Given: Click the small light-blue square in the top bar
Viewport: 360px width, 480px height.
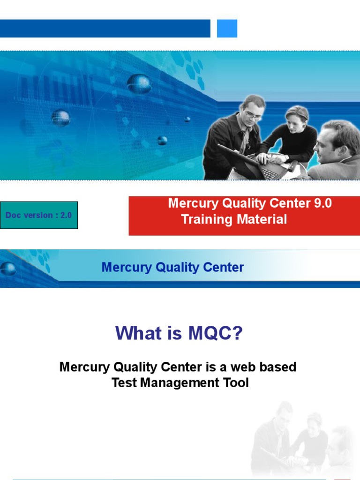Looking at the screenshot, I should coord(227,29).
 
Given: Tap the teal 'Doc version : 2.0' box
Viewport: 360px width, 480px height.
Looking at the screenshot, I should coord(39,215).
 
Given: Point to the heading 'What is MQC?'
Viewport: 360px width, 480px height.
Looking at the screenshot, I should coord(180,333).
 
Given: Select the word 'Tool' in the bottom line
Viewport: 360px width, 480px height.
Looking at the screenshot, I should coord(237,382).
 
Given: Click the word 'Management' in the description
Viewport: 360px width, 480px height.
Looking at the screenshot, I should coord(181,382).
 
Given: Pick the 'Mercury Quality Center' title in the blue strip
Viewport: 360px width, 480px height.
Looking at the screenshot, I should coord(172,268).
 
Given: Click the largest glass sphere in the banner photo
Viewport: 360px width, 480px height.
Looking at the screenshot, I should coord(139,84).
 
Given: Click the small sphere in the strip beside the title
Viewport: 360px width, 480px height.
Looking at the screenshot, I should coord(7,269).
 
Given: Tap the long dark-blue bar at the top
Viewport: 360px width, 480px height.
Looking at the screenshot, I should coord(105,29).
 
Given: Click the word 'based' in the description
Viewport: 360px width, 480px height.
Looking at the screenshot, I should coord(277,367).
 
